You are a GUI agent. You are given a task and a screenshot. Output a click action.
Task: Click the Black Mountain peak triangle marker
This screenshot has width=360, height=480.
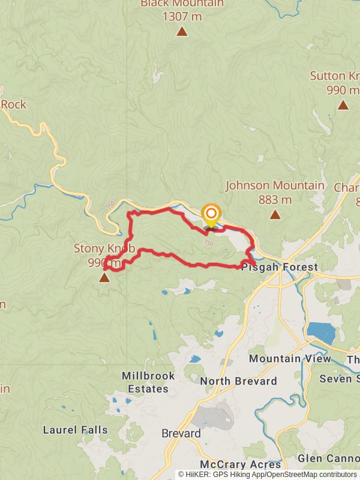point(182,31)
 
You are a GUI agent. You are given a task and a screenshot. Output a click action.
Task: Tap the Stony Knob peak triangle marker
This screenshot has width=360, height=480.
point(104,277)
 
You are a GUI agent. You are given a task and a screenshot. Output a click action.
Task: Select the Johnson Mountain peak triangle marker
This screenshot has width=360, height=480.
point(275,215)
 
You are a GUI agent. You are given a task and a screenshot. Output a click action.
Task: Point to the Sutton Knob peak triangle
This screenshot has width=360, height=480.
point(343,105)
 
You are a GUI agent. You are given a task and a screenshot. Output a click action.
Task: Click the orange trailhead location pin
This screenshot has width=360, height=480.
point(211,215)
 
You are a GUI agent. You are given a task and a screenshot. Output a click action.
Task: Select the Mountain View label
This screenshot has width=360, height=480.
point(290,359)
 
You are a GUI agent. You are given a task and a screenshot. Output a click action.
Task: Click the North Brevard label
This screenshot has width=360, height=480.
point(238,381)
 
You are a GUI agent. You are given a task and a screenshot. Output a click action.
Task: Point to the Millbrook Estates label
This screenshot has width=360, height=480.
point(148,382)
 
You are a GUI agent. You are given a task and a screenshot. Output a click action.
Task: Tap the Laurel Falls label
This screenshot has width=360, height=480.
point(75,430)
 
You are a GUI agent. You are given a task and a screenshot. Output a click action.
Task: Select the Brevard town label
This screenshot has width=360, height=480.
point(181,433)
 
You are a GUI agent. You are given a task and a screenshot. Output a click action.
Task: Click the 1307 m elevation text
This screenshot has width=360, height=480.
point(182,16)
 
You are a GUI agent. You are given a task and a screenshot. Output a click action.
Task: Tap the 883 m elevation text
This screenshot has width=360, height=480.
point(275,200)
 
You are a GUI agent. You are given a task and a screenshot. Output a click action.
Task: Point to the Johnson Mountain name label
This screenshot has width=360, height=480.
point(275,186)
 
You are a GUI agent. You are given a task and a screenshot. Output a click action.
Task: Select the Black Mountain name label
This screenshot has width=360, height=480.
point(182,4)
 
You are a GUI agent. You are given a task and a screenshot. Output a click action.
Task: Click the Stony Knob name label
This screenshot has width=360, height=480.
point(101,248)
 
